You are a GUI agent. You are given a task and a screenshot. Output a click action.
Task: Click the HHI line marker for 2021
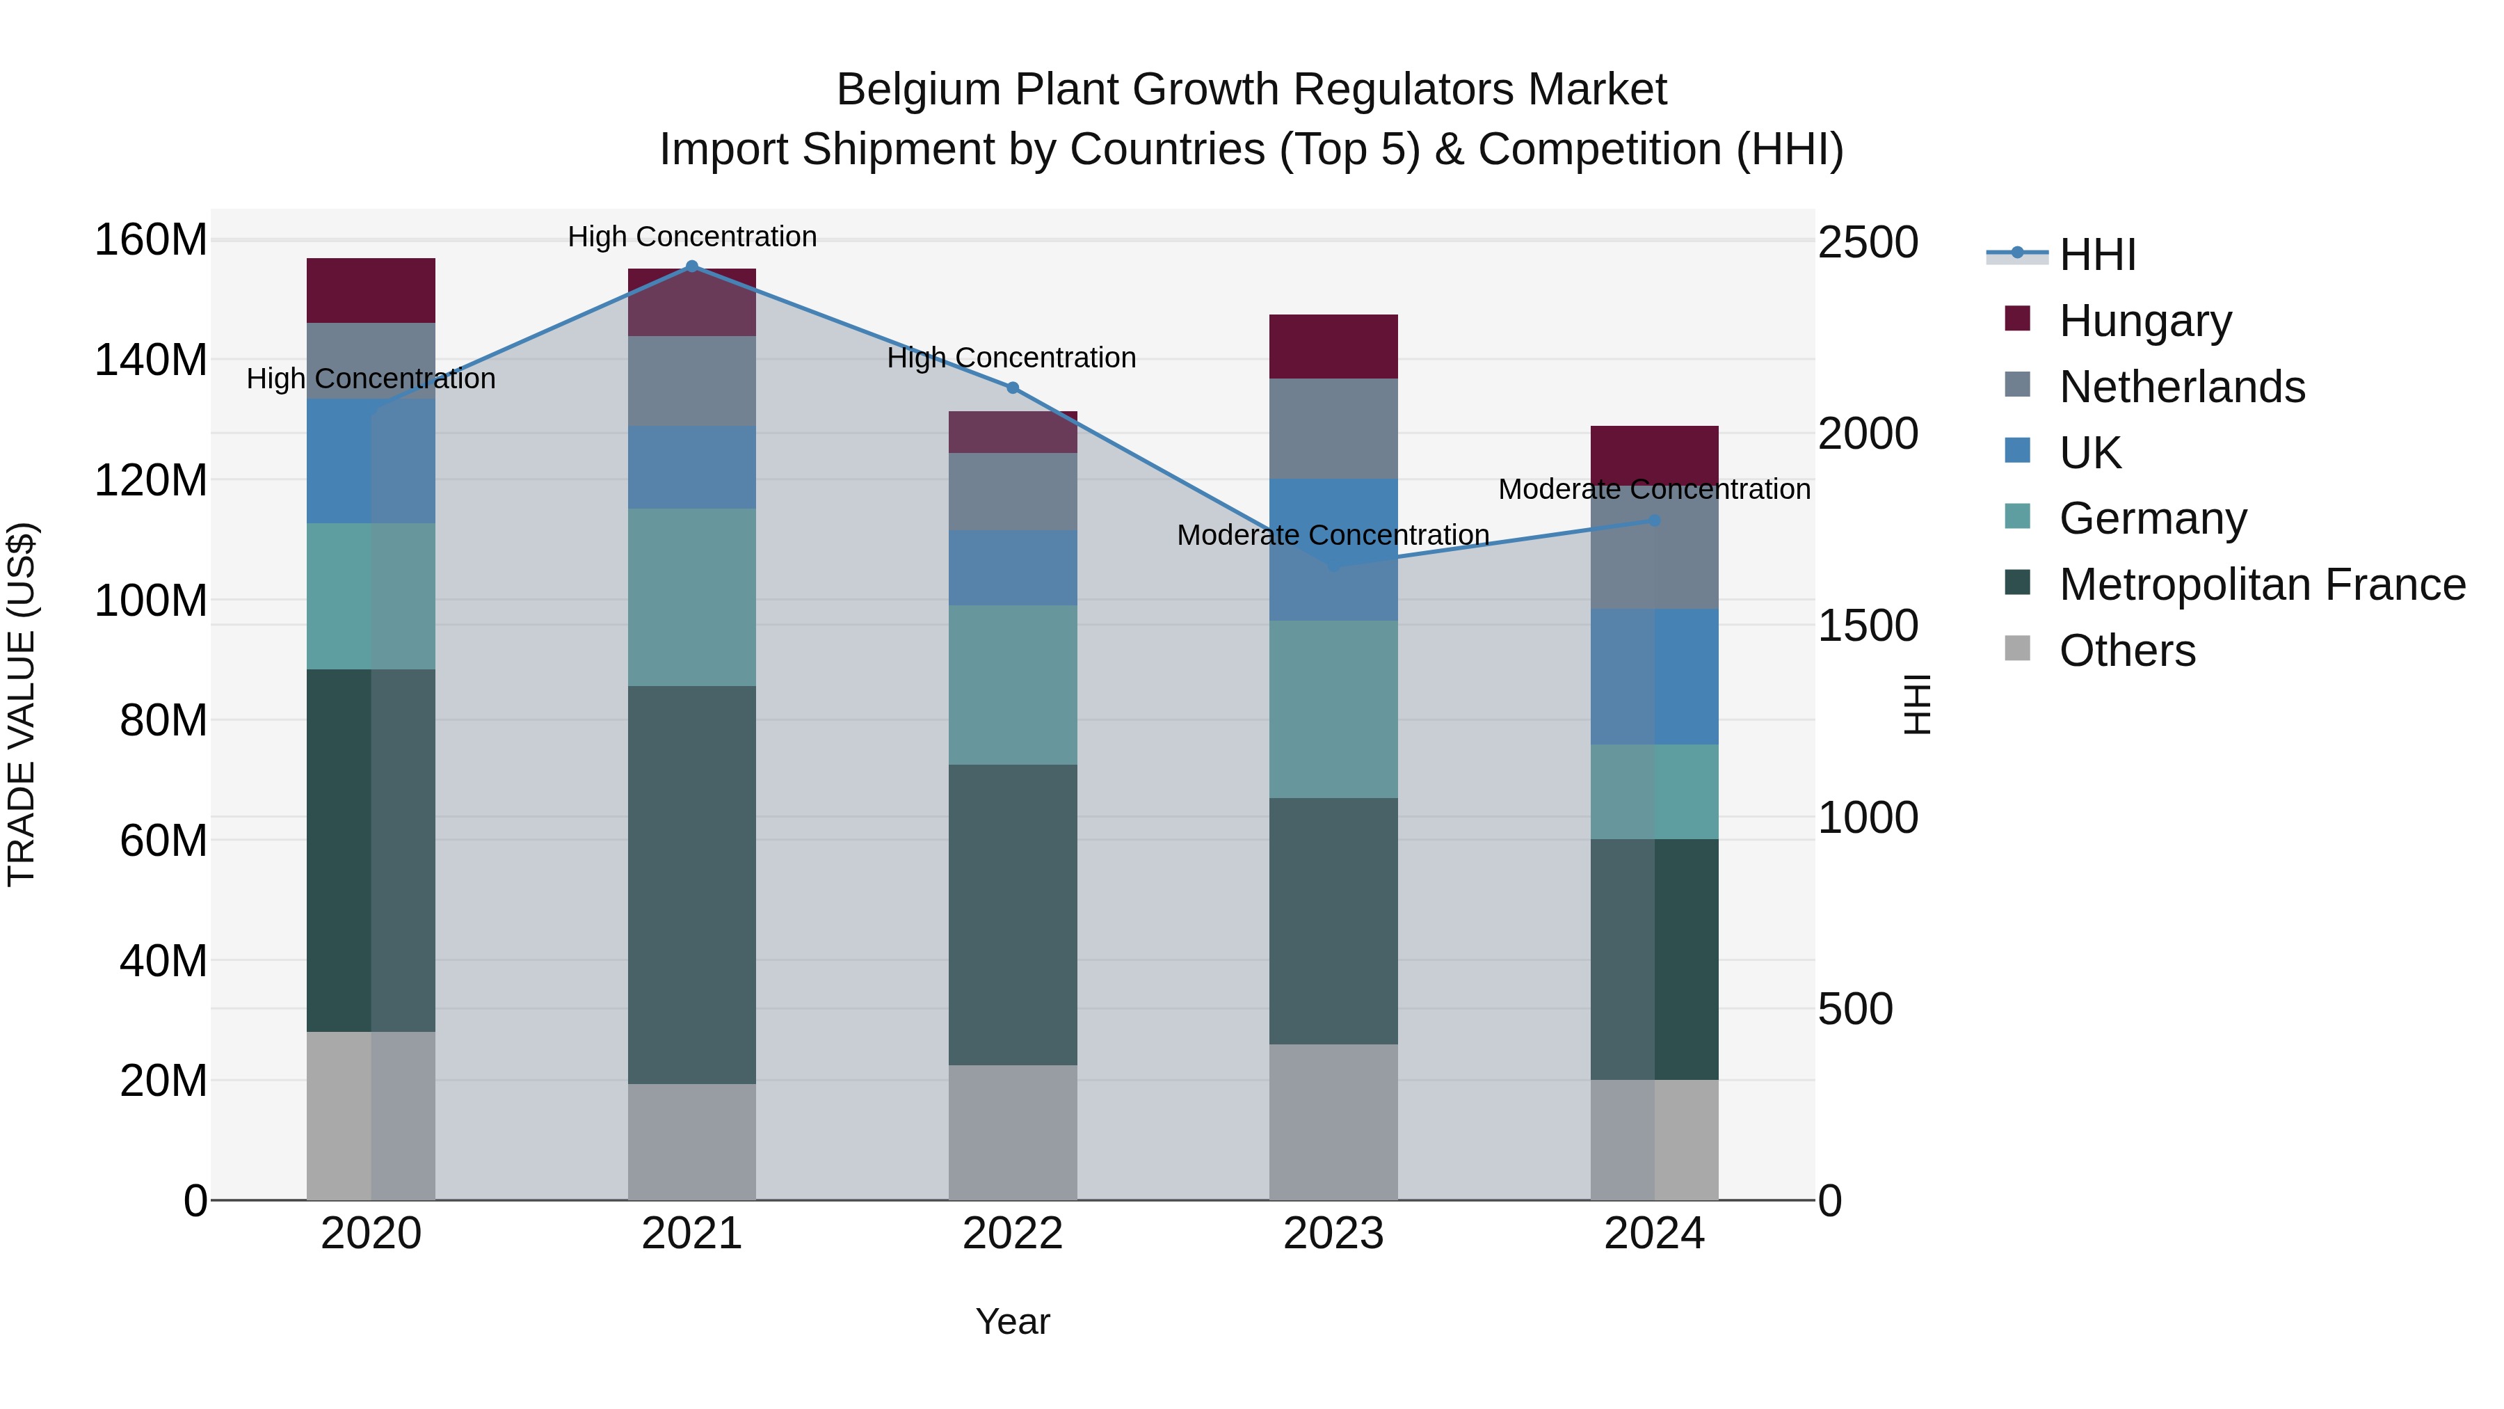click(x=691, y=266)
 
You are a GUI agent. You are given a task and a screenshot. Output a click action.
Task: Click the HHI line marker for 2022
click(x=1012, y=388)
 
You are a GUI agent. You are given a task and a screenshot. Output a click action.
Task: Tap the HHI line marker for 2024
click(x=1655, y=521)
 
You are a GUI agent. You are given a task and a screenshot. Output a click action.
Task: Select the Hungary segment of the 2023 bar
click(x=1333, y=347)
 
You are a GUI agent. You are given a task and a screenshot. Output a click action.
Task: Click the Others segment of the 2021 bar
click(x=691, y=1142)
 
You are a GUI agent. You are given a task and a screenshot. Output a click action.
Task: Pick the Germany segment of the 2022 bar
click(x=1012, y=685)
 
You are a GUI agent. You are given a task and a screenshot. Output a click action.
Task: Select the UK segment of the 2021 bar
click(x=691, y=467)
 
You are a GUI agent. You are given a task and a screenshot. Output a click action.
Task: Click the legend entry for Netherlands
click(x=2181, y=387)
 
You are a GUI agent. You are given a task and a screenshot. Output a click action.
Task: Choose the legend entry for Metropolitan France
click(x=2261, y=584)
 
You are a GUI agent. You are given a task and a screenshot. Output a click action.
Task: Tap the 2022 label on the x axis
click(x=1012, y=1233)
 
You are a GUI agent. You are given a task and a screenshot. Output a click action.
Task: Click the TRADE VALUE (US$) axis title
click(x=22, y=704)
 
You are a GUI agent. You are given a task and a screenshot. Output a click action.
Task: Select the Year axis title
click(x=1012, y=1321)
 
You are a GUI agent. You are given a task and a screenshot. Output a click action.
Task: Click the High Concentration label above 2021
click(x=691, y=237)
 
